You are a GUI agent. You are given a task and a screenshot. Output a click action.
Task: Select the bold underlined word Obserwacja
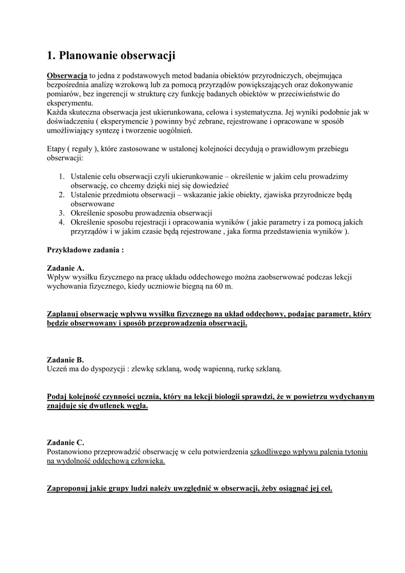click(x=67, y=76)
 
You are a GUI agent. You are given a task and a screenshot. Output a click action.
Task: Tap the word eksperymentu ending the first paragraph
click(x=70, y=103)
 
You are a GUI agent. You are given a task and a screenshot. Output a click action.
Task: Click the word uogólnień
click(x=176, y=130)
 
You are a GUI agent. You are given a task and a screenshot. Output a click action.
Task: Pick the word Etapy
click(x=56, y=149)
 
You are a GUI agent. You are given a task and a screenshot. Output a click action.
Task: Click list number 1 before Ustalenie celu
click(x=62, y=176)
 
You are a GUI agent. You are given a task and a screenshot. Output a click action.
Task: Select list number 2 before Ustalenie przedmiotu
click(x=62, y=195)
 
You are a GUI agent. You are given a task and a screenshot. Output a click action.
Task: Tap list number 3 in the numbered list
click(x=62, y=213)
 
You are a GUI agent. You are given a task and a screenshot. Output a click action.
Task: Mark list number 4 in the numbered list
click(x=62, y=222)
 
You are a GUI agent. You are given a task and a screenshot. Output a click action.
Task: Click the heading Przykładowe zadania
click(x=85, y=250)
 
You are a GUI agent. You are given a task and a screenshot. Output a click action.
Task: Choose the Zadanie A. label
click(x=65, y=268)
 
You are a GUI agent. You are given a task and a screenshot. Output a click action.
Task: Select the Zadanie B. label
click(x=65, y=360)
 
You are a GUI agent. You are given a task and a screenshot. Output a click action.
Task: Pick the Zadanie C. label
click(x=65, y=442)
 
